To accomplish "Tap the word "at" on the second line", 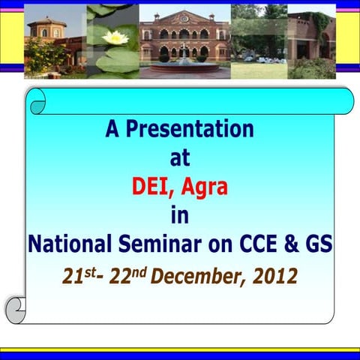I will tap(180, 157).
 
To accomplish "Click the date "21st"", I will tap(77, 275).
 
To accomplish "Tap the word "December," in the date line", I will tap(196, 276).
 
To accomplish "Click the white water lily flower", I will tap(115, 37).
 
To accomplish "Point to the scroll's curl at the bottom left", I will tap(16, 308).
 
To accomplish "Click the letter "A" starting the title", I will tap(113, 130).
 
